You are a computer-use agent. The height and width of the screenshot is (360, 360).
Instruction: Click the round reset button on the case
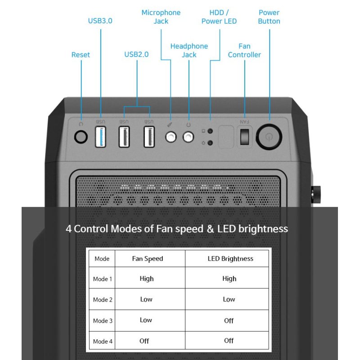[81, 137]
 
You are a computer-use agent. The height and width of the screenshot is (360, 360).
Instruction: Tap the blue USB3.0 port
[101, 137]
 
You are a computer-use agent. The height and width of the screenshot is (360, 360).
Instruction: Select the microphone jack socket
[171, 137]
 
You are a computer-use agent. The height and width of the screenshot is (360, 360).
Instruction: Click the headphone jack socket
[189, 137]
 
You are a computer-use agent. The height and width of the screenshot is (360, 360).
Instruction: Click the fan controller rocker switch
[244, 137]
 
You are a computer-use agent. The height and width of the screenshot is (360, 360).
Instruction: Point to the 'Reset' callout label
[81, 55]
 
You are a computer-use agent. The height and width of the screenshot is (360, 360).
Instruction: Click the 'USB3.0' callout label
[100, 21]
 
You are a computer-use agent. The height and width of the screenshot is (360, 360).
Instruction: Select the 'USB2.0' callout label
[136, 55]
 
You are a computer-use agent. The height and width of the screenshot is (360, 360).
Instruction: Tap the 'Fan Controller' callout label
[244, 50]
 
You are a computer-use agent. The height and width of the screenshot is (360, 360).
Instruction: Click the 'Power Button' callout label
[269, 17]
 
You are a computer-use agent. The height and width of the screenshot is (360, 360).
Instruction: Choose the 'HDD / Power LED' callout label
[219, 17]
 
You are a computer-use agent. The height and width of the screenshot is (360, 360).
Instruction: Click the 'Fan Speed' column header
[147, 259]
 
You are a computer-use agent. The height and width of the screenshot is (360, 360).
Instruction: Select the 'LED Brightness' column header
[230, 259]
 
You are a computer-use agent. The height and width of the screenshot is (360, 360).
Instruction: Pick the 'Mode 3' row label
[103, 321]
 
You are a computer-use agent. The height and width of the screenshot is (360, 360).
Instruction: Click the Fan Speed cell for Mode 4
[144, 341]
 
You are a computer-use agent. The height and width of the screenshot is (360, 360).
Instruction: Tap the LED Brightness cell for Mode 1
[229, 279]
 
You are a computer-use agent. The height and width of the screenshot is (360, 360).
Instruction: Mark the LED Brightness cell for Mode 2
[229, 299]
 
